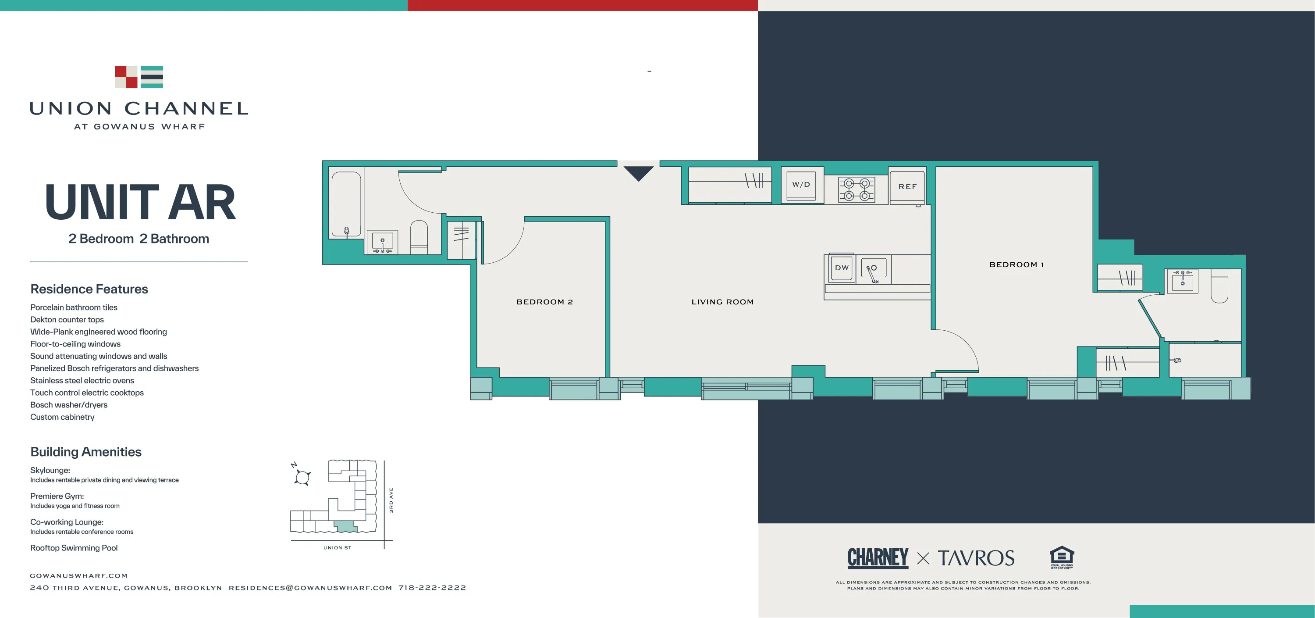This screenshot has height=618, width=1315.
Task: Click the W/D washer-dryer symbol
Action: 801,184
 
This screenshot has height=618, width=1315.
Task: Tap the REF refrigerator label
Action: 907,187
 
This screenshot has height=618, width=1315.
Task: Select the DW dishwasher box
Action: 841,268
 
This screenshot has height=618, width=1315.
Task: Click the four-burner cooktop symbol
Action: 857,189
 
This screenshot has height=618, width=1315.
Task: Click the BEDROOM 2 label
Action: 544,302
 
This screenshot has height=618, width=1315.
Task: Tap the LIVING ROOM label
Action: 722,302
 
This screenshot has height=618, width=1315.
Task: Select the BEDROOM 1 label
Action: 1016,264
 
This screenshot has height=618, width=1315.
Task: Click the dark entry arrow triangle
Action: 638,173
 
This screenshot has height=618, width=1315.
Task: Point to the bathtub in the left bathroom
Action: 346,204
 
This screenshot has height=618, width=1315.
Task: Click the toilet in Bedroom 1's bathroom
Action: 1219,288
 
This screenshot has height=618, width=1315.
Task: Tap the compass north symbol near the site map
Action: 302,476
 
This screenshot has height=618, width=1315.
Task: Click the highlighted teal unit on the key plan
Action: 345,526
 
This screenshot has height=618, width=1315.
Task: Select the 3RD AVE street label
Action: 391,500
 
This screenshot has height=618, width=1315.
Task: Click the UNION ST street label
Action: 337,547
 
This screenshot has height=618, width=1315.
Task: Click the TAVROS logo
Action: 976,558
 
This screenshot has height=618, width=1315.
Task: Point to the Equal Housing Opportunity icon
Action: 1061,557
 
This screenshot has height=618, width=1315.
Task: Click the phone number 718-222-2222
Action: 432,588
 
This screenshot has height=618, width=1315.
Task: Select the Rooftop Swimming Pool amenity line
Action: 74,548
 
